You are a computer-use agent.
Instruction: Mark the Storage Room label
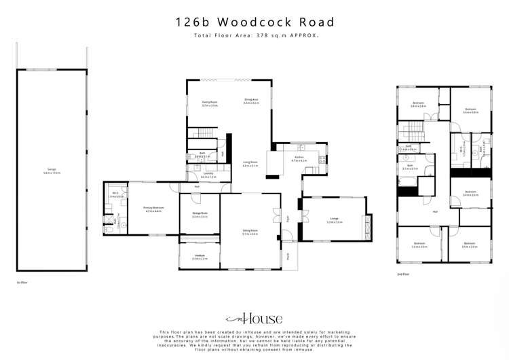click(199, 215)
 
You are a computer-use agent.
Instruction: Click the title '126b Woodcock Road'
click(254, 22)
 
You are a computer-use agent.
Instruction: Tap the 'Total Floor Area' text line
click(254, 35)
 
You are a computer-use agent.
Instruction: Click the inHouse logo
click(254, 317)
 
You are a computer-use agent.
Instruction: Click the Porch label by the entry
click(288, 256)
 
